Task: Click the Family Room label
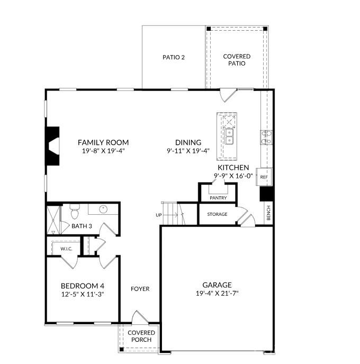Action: tap(103, 142)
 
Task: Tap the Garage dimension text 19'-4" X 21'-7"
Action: tap(217, 293)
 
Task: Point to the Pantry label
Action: tap(218, 198)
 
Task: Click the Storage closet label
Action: tap(217, 214)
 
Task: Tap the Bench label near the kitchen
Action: tap(269, 213)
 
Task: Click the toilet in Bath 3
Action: tap(75, 213)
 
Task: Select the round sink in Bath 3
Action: tap(103, 209)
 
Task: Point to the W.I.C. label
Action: tap(66, 248)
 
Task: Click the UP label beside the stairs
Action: tap(159, 215)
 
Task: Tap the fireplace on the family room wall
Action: tap(53, 147)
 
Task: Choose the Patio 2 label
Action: tap(173, 57)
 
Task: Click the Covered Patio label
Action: tap(237, 60)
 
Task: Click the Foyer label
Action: tap(140, 289)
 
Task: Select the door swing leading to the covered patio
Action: tap(228, 95)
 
